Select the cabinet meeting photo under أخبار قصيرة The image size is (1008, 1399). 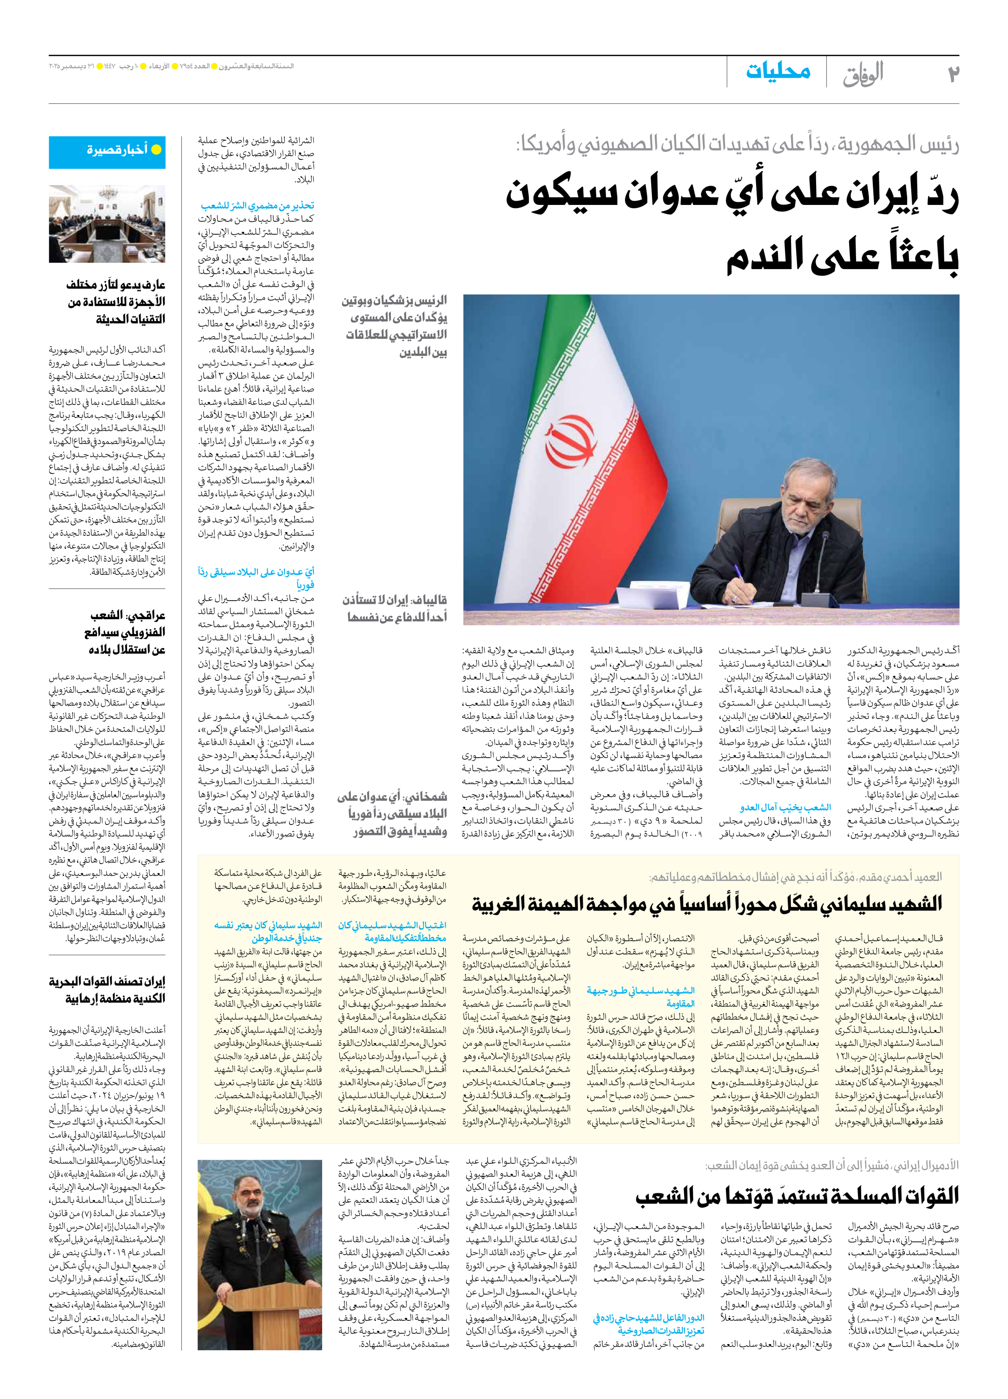click(x=107, y=224)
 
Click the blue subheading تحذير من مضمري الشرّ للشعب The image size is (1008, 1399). click(x=257, y=205)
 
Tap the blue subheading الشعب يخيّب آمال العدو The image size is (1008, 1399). click(x=785, y=808)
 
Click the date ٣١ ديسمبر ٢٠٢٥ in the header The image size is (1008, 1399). click(x=73, y=66)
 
